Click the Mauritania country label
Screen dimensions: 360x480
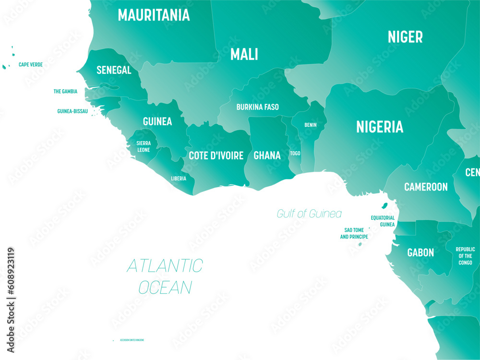(154, 15)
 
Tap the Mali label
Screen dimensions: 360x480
(244, 54)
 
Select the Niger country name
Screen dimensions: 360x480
(405, 37)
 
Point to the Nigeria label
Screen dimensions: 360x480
(379, 127)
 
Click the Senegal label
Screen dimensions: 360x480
(114, 70)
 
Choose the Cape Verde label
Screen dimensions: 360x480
(30, 64)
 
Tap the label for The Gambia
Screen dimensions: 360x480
(65, 91)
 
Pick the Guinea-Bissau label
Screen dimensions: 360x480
(72, 111)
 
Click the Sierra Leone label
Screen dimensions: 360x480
(144, 146)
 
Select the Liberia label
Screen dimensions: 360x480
(179, 179)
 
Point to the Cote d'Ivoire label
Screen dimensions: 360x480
(216, 156)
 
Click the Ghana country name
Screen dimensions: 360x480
(267, 156)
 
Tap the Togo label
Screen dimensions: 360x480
(295, 154)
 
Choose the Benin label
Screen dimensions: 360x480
(310, 125)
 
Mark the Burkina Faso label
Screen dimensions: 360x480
(257, 107)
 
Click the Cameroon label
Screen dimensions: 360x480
(425, 187)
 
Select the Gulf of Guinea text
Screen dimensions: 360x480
(309, 214)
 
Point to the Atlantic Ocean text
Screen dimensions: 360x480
(165, 276)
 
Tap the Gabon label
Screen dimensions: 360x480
(420, 252)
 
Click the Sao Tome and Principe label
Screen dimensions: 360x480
(354, 233)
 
